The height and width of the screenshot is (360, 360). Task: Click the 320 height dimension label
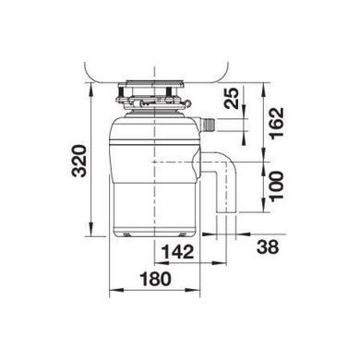pyautogui.click(x=79, y=161)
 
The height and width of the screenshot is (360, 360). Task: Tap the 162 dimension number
pyautogui.click(x=276, y=123)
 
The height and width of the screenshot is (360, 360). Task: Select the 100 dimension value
pyautogui.click(x=276, y=186)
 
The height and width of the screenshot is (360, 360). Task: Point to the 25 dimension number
pyautogui.click(x=232, y=98)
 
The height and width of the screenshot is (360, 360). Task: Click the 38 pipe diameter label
pyautogui.click(x=268, y=246)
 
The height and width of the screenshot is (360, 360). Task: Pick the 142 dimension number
pyautogui.click(x=178, y=252)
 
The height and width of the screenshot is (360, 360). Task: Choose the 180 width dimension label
pyautogui.click(x=155, y=279)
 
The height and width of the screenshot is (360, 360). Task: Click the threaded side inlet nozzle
pyautogui.click(x=208, y=125)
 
